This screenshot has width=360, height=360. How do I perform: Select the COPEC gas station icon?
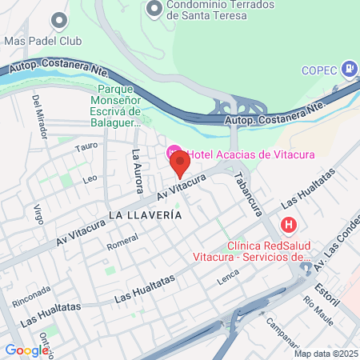349,69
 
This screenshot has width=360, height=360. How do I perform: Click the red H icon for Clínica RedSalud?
290,226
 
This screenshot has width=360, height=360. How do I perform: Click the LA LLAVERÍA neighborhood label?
145,215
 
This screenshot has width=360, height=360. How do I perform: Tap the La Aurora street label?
138,170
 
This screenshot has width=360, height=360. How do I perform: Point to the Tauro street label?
86,147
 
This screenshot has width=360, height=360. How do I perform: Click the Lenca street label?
228,279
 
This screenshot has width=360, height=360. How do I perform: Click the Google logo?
27,350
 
